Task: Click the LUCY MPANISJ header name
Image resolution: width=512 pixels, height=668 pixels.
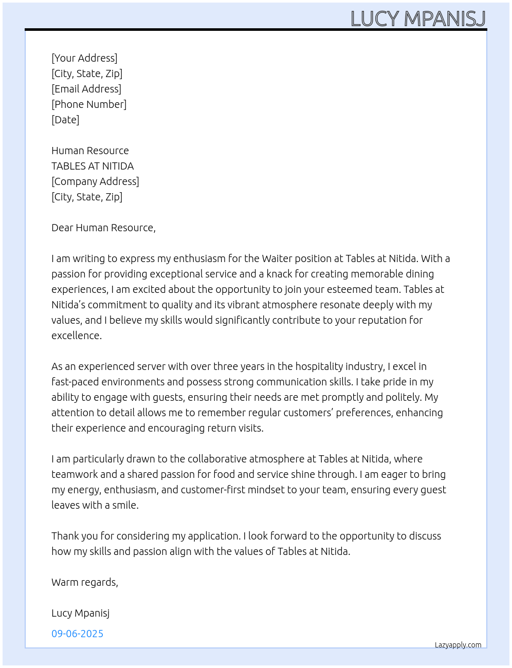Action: tap(418, 18)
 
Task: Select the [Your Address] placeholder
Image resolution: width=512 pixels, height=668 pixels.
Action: tap(84, 58)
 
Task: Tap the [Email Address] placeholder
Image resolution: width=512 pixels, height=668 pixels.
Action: tap(86, 89)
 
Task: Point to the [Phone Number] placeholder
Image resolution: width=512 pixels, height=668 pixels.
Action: tap(89, 104)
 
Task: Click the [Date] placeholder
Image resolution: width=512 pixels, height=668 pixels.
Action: tap(65, 120)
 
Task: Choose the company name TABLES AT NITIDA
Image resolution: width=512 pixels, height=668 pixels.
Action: tap(93, 166)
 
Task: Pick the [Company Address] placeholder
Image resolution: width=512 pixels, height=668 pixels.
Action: tap(95, 181)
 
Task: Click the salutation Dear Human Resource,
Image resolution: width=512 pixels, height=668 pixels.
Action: tap(103, 228)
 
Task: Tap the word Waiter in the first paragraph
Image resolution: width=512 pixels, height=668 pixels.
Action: tap(277, 258)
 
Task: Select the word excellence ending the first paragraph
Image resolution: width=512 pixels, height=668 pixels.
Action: tap(76, 336)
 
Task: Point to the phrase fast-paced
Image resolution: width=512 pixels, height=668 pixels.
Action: tap(75, 382)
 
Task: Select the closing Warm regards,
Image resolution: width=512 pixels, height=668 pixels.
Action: tap(85, 582)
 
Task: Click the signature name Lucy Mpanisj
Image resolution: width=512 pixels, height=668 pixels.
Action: tap(80, 613)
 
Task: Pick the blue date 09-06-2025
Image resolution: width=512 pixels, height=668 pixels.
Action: tap(77, 634)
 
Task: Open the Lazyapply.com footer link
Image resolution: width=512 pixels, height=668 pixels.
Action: tap(458, 645)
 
